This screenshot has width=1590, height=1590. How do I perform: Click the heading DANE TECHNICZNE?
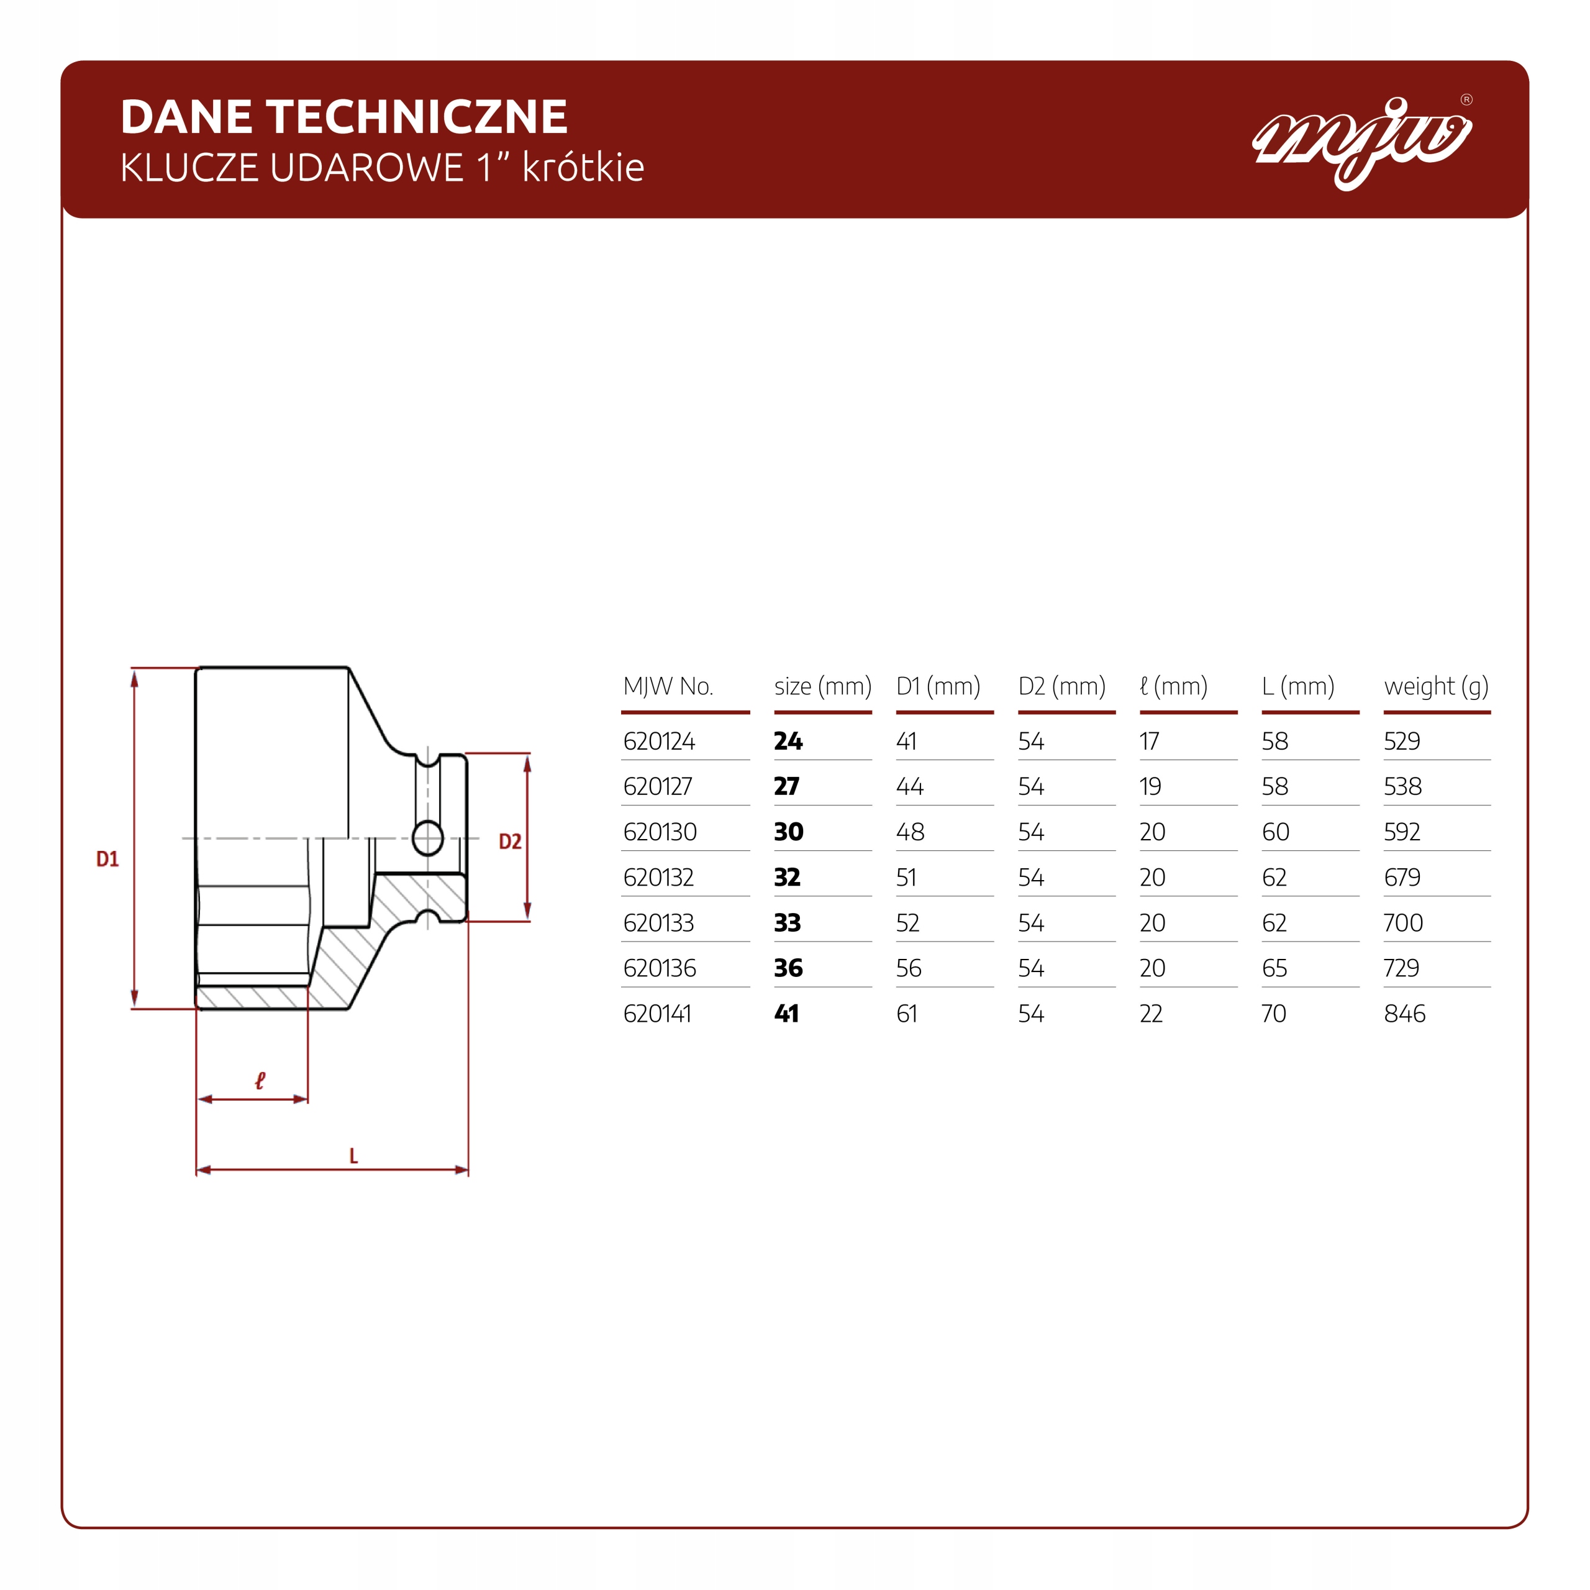pos(344,116)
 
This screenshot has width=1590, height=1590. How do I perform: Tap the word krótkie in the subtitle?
pos(583,167)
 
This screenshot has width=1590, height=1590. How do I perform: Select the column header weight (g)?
pos(1436,686)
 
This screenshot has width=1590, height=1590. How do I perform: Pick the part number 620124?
pos(658,742)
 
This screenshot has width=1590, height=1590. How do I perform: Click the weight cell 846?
pos(1404,1014)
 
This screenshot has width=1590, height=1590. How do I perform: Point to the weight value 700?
pos(1403,922)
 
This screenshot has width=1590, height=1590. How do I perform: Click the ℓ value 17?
pos(1150,742)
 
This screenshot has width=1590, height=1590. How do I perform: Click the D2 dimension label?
pos(511,841)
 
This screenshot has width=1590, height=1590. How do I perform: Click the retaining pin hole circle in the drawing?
pos(428,838)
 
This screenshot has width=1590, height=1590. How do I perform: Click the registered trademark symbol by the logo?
pos(1466,99)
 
